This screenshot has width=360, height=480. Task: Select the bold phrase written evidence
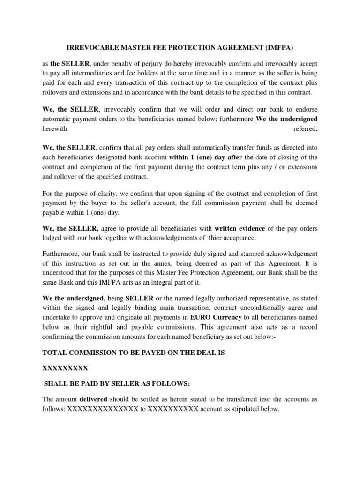coord(240,228)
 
